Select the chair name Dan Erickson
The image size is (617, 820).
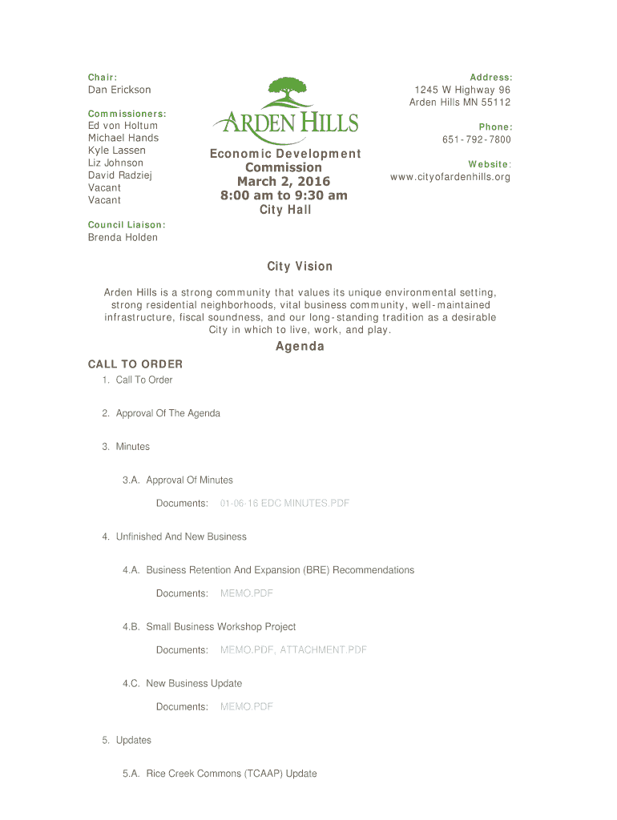coord(119,90)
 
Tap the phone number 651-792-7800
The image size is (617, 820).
coord(476,140)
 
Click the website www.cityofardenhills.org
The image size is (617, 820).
coord(450,177)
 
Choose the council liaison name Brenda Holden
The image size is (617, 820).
coord(123,238)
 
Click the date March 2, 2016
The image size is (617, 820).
coord(283,182)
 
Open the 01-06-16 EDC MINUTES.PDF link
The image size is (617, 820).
coord(284,504)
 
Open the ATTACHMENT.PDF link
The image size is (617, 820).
coord(323,650)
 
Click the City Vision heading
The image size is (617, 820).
coord(300,267)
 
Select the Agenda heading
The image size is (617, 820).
coord(300,347)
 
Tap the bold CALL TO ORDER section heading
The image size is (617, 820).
coord(135,364)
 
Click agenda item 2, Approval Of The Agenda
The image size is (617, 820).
coord(167,414)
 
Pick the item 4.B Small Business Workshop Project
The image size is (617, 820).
coord(220,627)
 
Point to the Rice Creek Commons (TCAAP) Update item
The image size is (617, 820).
coord(231,774)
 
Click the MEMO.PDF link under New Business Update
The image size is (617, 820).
coord(246,707)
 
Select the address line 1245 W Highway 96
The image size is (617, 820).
coord(462,90)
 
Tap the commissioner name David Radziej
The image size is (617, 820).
coord(119,175)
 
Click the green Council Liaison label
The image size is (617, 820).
coord(126,225)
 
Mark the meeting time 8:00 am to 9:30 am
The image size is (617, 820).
coord(284,195)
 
